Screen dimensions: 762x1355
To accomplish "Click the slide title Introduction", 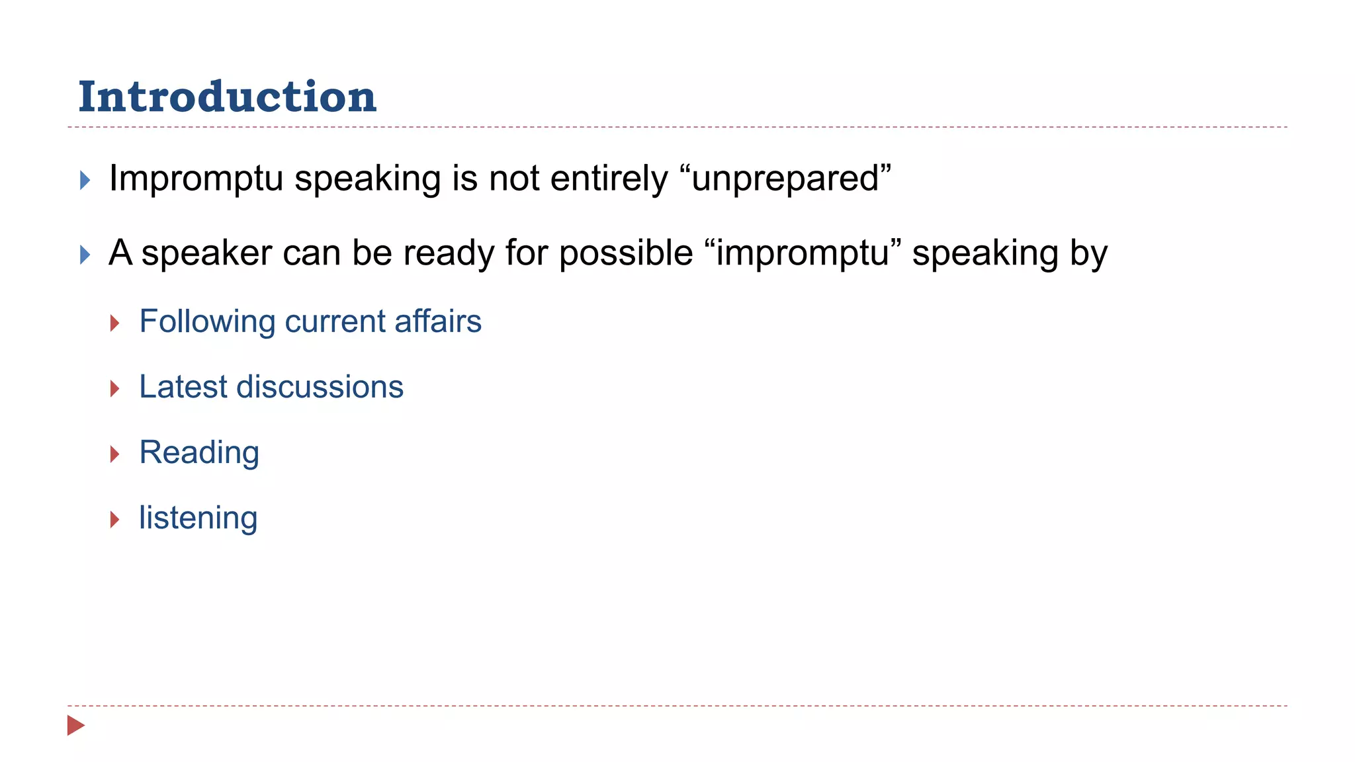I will click(227, 97).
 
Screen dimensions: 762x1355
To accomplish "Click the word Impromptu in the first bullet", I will click(196, 179).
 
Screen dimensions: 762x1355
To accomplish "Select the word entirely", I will click(609, 179).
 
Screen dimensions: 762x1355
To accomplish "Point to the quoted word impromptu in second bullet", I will click(803, 253).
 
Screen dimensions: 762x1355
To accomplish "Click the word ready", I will click(449, 253).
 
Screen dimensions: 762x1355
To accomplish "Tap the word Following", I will click(207, 322).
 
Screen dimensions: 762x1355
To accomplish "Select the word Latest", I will click(183, 387).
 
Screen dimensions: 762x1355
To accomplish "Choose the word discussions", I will click(320, 387).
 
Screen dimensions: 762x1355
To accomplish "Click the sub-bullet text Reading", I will click(199, 453).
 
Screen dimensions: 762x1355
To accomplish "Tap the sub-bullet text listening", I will click(198, 518).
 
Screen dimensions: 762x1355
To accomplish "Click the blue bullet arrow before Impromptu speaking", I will click(85, 180).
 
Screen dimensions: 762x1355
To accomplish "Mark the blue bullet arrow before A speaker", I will click(85, 255).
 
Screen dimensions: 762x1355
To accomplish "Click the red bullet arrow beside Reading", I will click(115, 454).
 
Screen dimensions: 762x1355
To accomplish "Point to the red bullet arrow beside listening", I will click(115, 520).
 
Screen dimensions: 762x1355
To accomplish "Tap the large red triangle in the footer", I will click(76, 726).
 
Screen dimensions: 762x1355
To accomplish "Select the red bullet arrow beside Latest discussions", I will click(115, 389).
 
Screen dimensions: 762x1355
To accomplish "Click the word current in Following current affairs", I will click(335, 321).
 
